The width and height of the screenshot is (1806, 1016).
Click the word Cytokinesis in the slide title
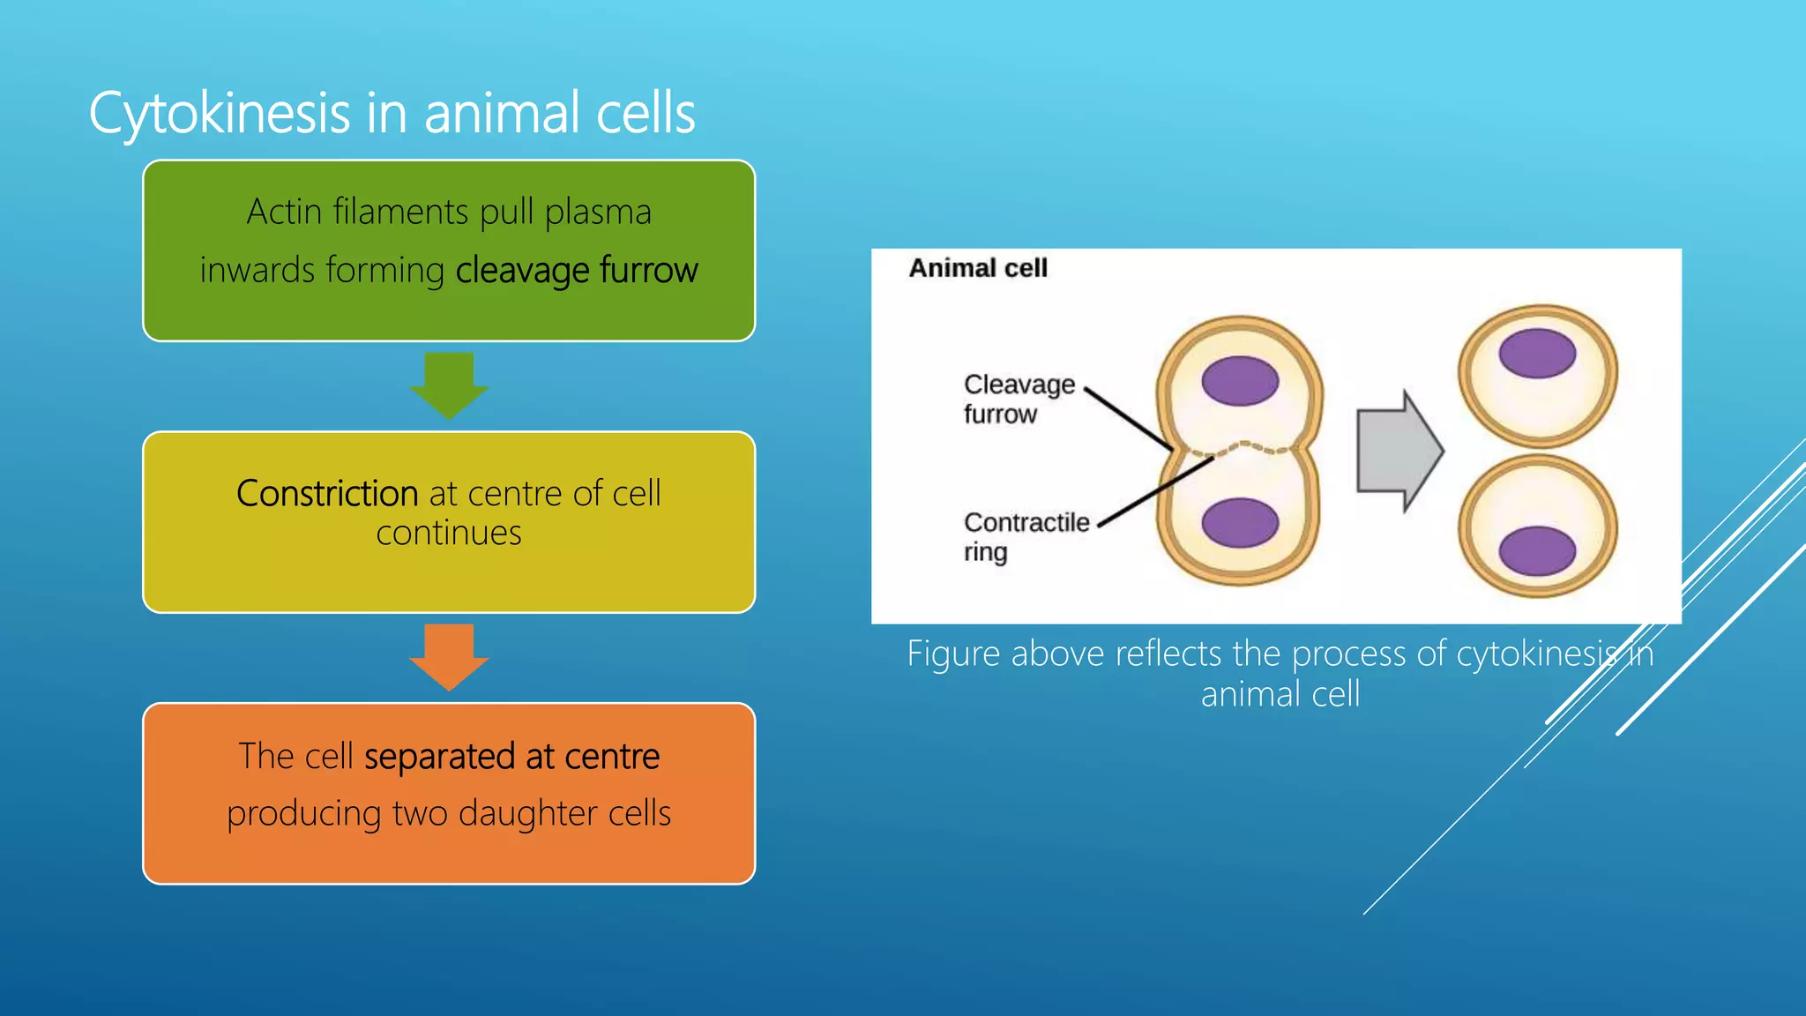pyautogui.click(x=220, y=114)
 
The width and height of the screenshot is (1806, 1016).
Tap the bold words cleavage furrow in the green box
pyautogui.click(x=577, y=270)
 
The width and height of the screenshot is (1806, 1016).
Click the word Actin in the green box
pyautogui.click(x=283, y=212)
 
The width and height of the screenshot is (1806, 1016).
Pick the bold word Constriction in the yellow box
pyautogui.click(x=327, y=493)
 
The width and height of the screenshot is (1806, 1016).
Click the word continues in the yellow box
pyautogui.click(x=449, y=533)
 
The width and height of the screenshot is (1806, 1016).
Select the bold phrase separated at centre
pyautogui.click(x=511, y=756)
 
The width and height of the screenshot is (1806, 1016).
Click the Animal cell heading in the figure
pyautogui.click(x=978, y=268)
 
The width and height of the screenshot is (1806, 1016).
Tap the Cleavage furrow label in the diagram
pyautogui.click(x=1019, y=399)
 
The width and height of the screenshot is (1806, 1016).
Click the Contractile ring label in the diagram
pyautogui.click(x=1026, y=536)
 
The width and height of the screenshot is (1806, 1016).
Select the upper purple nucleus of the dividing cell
pyautogui.click(x=1240, y=381)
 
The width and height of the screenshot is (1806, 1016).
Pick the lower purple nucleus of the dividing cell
pyautogui.click(x=1240, y=522)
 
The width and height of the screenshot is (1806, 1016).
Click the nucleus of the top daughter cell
pyautogui.click(x=1537, y=353)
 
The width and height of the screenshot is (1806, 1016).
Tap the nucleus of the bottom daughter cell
pyautogui.click(x=1537, y=550)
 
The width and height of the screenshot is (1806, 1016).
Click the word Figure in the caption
pyautogui.click(x=956, y=654)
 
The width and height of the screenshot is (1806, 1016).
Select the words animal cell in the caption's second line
pyautogui.click(x=1280, y=694)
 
